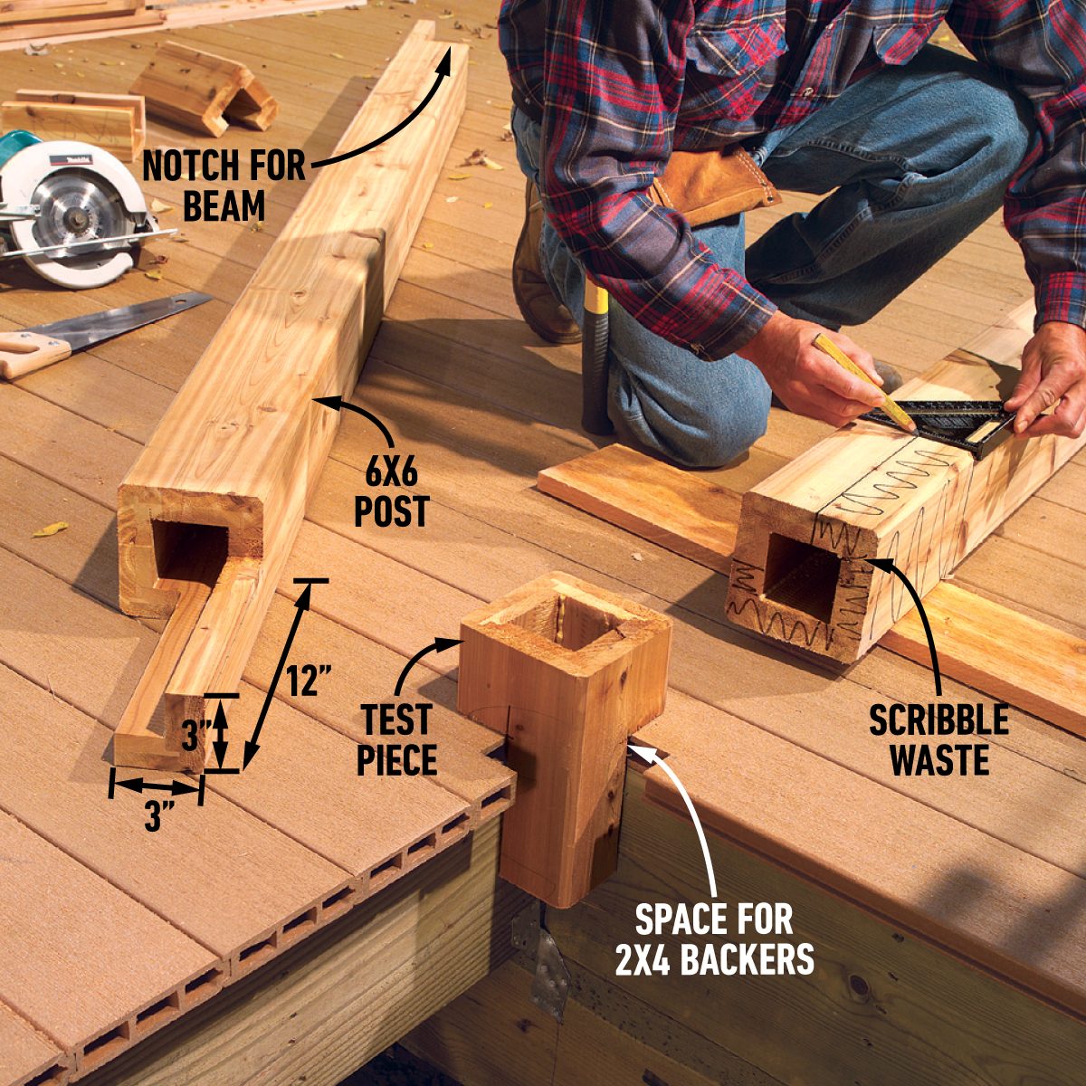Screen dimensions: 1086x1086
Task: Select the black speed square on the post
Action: coord(940,423)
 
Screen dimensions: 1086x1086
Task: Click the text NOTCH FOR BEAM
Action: coord(224,186)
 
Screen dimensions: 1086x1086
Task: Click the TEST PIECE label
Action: coord(396,738)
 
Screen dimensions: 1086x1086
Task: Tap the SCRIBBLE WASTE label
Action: coord(938,738)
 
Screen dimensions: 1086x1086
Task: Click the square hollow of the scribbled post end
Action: coord(801,576)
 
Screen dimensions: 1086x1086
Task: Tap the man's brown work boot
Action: coord(540,270)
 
